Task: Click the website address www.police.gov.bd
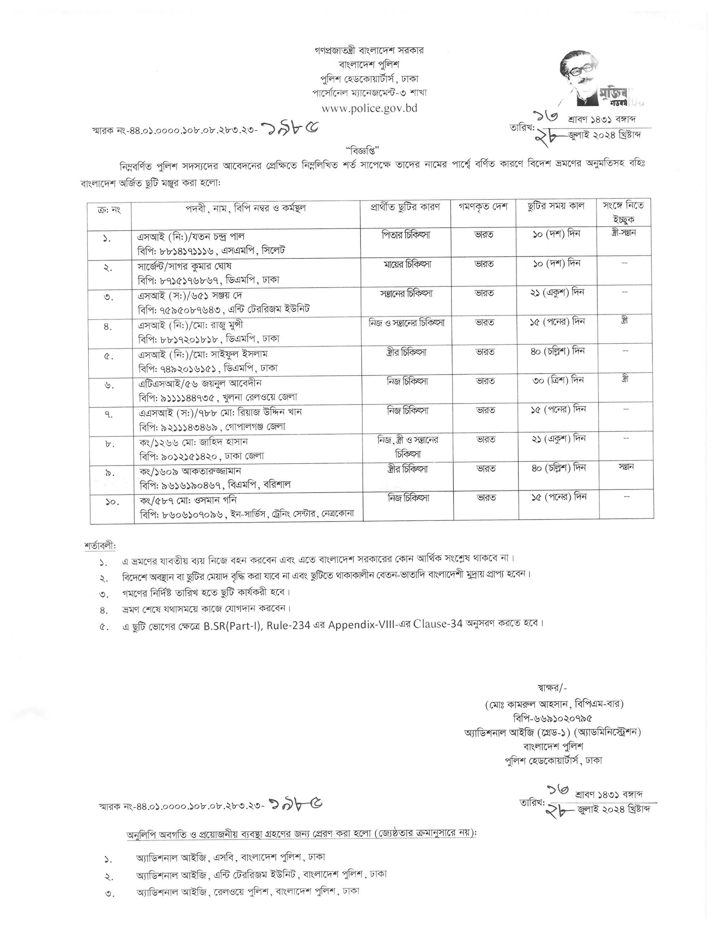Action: click(369, 108)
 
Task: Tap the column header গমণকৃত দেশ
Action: click(483, 207)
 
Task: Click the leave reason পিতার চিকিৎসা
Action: click(406, 235)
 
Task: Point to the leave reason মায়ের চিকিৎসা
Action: click(406, 265)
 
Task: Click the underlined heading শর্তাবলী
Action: click(100, 546)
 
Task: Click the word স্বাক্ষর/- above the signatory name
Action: click(552, 688)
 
